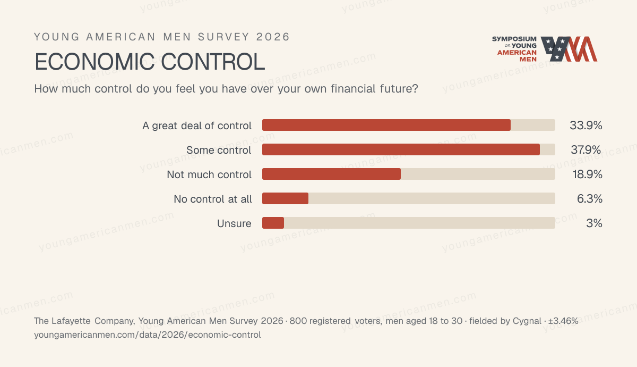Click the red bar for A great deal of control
point(386,125)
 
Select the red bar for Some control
point(401,149)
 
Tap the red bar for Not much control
point(331,174)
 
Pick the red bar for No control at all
point(285,198)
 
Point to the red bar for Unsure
point(273,223)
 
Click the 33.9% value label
point(586,126)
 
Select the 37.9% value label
point(586,150)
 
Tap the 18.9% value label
point(587,174)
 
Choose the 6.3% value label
point(590,199)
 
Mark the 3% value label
point(594,223)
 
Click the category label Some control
point(219,150)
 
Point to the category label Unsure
point(234,224)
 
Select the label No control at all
point(213,199)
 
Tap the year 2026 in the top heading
point(273,37)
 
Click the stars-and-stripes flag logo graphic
point(569,49)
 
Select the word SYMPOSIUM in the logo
point(514,39)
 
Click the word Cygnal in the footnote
point(527,321)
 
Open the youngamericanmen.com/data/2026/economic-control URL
point(148,335)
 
